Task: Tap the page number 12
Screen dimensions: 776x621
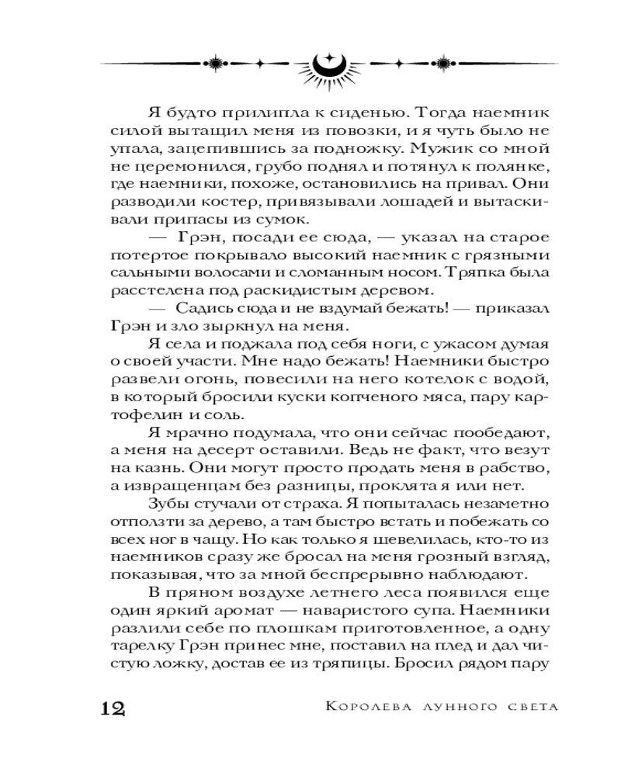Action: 113,708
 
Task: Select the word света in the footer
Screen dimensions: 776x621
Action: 531,708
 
